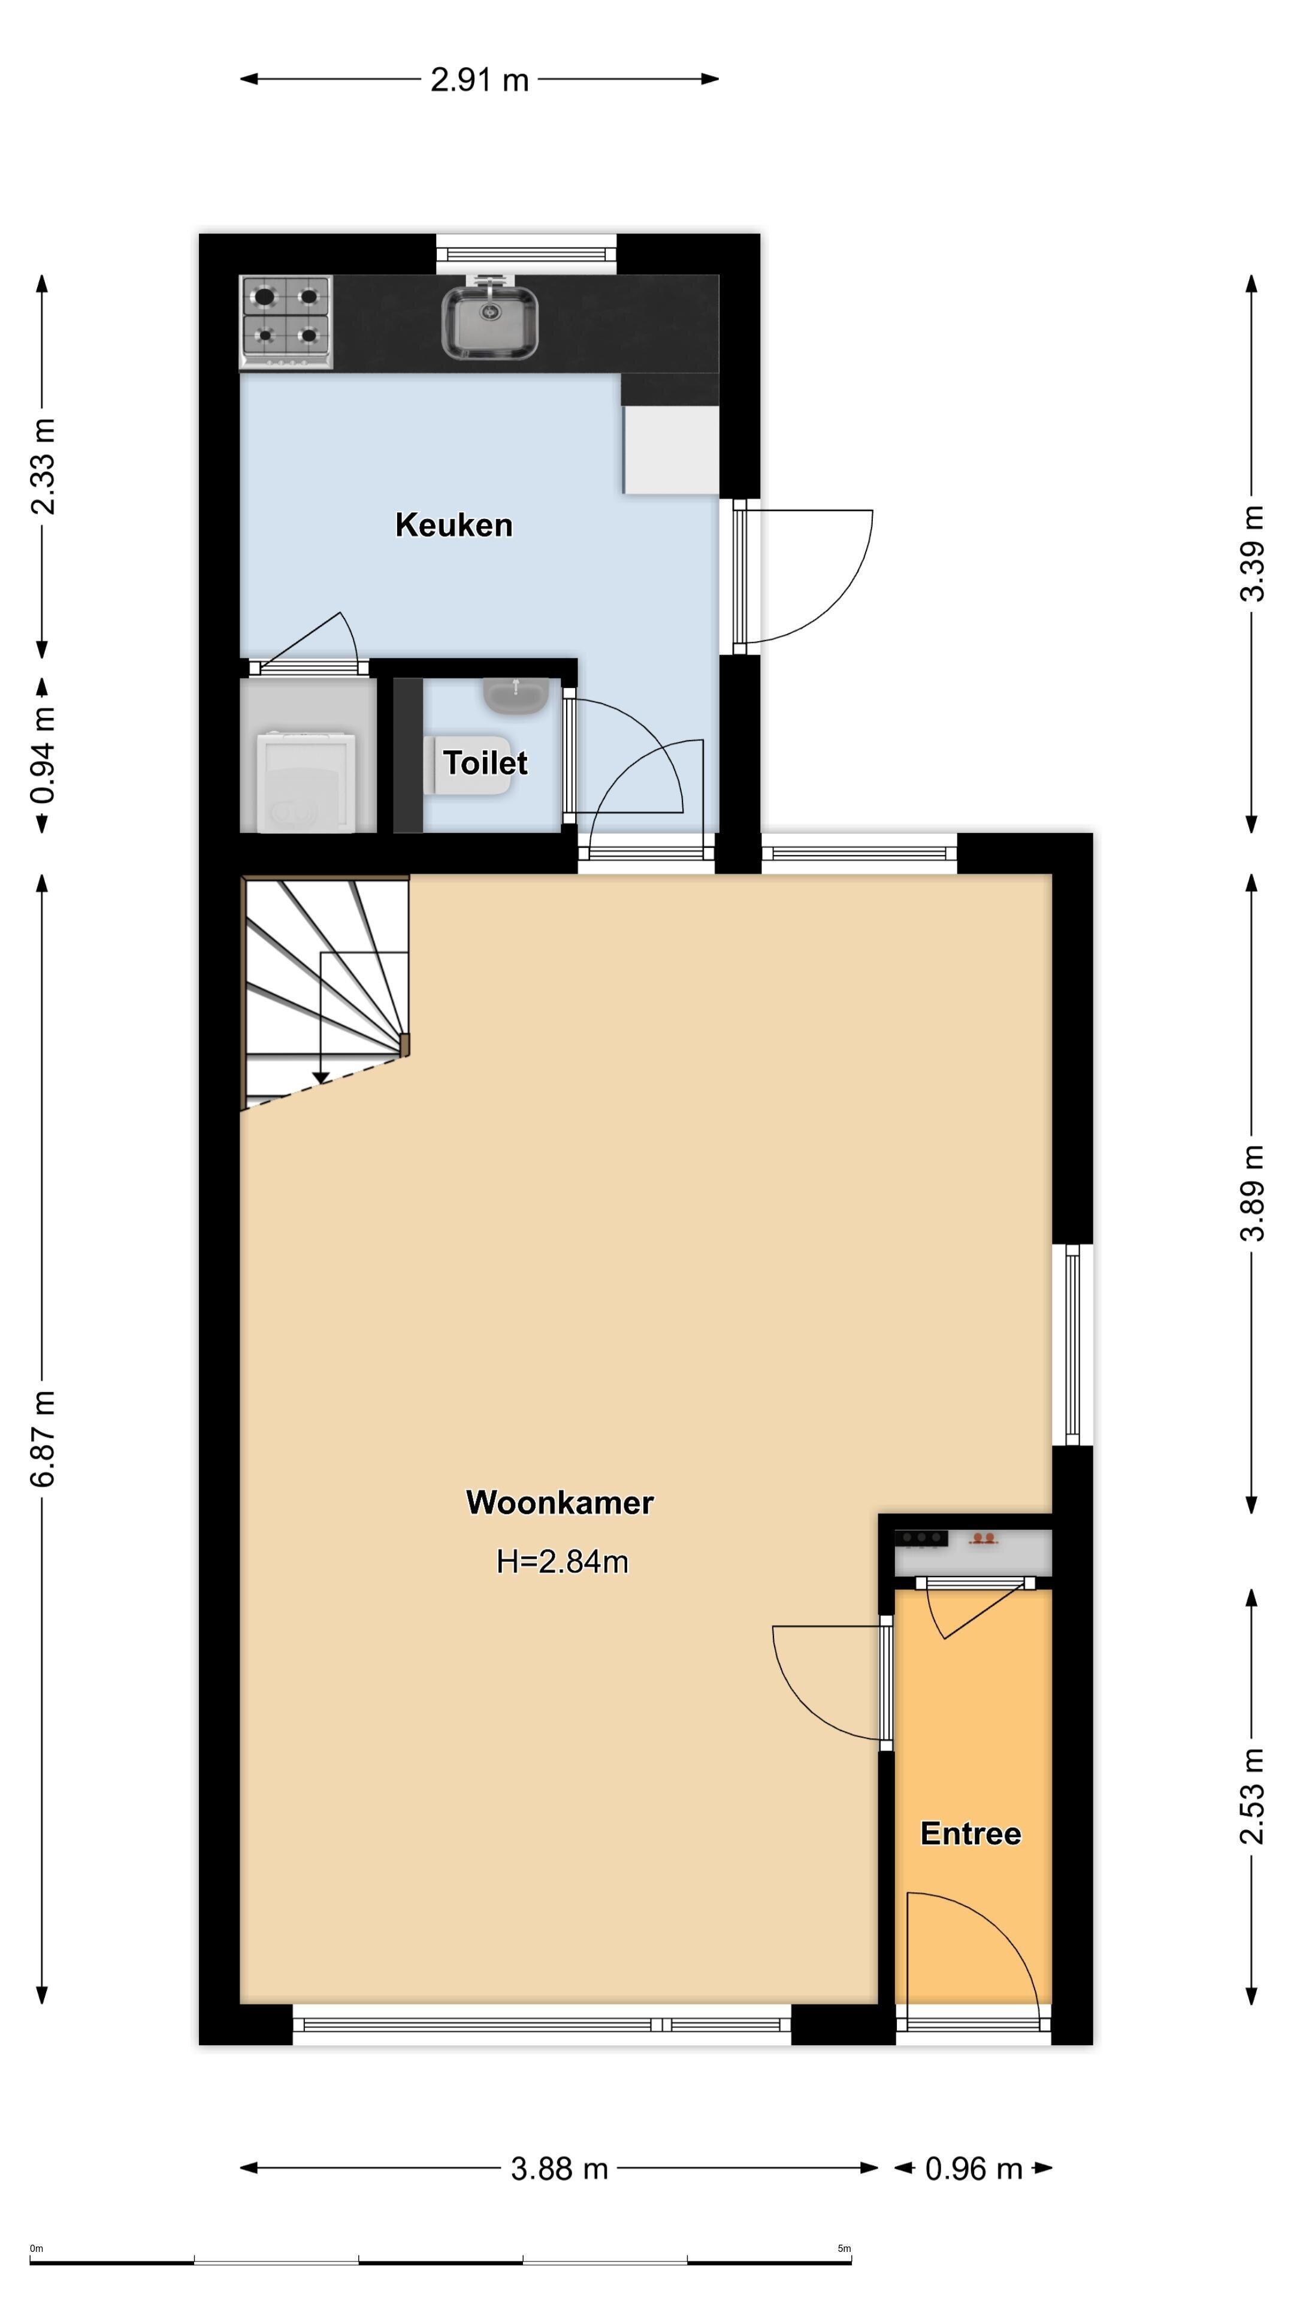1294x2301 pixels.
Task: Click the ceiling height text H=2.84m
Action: tap(563, 1562)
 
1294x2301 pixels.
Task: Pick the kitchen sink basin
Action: tap(489, 322)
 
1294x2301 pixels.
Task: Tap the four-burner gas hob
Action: tap(286, 322)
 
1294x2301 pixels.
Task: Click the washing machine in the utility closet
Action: tap(306, 781)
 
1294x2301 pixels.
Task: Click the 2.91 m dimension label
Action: tap(479, 80)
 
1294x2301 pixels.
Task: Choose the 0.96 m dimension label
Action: tap(973, 2169)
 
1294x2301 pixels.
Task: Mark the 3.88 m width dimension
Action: tap(559, 2168)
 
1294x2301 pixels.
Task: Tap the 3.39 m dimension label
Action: tap(1252, 554)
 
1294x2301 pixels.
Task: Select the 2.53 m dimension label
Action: tap(1252, 1795)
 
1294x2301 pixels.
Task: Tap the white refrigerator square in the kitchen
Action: tap(671, 449)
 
